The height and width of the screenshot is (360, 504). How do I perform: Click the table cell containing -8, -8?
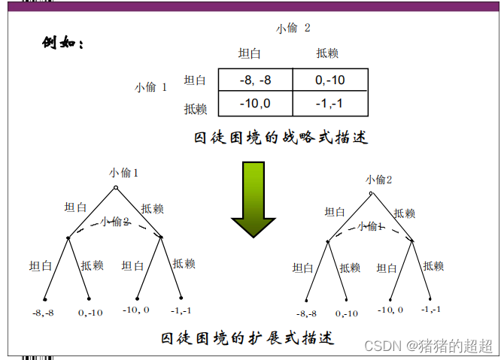coord(255,80)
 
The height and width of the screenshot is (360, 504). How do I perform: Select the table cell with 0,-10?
coord(329,80)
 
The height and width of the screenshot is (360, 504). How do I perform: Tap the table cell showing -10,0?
coord(255,104)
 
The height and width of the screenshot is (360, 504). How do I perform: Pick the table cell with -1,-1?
coord(329,104)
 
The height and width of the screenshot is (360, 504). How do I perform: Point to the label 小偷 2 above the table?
coord(293,29)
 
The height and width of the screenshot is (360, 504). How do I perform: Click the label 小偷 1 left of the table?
coord(150,87)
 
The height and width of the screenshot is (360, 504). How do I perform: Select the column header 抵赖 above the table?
coord(327,53)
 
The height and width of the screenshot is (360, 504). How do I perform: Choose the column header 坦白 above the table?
coord(249,53)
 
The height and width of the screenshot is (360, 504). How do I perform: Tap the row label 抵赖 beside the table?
coord(196,108)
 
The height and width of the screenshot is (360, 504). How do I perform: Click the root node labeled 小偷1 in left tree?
coord(115,187)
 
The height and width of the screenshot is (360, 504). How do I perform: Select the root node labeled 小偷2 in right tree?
coord(371,192)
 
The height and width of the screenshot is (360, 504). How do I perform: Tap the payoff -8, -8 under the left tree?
coord(44,312)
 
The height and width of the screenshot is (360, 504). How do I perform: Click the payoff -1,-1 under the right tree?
coord(431,309)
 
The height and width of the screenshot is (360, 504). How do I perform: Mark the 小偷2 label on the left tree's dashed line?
coord(115,222)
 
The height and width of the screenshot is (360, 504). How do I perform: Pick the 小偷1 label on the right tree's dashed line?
coord(370,226)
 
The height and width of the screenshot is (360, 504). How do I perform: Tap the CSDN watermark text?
coord(428,346)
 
